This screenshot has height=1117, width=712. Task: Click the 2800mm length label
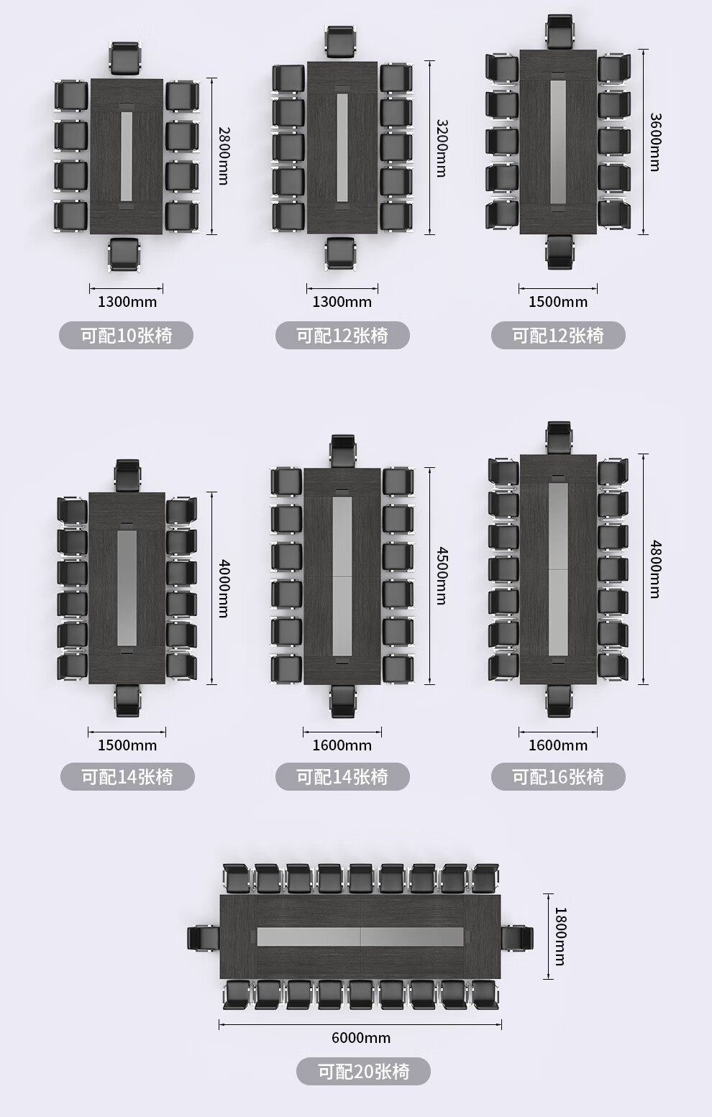[x=224, y=155]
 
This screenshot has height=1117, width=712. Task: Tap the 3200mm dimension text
[x=442, y=148]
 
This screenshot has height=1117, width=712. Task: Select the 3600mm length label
[x=655, y=142]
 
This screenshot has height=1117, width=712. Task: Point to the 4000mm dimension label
[x=224, y=589]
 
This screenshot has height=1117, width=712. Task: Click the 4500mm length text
[x=442, y=576]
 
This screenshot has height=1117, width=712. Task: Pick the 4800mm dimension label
[x=655, y=569]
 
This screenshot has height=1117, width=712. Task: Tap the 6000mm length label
[x=361, y=1037]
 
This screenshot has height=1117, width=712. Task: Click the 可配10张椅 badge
[x=127, y=335]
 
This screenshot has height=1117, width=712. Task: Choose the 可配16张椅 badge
[x=558, y=776]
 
